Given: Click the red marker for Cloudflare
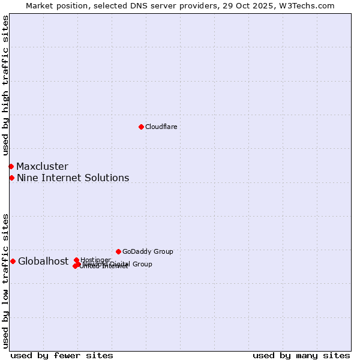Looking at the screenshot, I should click(x=141, y=127).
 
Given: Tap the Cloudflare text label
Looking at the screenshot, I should click(x=161, y=127).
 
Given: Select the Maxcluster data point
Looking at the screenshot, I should click(x=11, y=166).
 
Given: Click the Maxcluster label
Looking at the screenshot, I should click(x=42, y=166).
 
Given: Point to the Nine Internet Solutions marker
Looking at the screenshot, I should click(x=11, y=178).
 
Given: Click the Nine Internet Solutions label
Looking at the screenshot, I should click(x=73, y=178).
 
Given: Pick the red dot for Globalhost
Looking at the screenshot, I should click(x=13, y=261).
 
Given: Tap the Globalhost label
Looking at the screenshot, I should click(x=43, y=261).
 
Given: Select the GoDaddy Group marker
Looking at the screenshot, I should click(x=118, y=251).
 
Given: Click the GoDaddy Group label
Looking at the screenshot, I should click(x=148, y=251).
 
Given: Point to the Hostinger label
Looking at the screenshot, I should click(x=95, y=260).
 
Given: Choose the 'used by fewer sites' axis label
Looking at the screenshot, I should click(x=62, y=355).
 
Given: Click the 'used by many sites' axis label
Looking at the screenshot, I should click(x=301, y=355).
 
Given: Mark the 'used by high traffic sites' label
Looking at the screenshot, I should click(x=5, y=86).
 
